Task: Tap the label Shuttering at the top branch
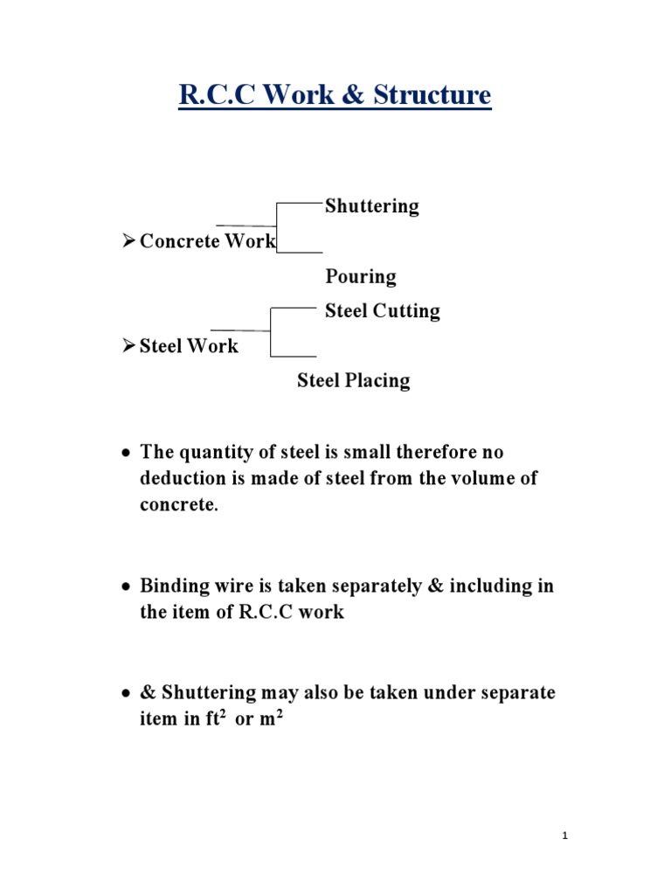click(372, 206)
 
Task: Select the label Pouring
click(361, 277)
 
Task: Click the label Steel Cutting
click(383, 311)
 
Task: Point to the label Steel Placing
click(353, 381)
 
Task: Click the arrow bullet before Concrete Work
click(128, 241)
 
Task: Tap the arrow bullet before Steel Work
click(128, 346)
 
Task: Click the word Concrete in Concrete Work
click(179, 241)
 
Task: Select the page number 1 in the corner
click(565, 836)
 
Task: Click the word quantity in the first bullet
click(214, 453)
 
